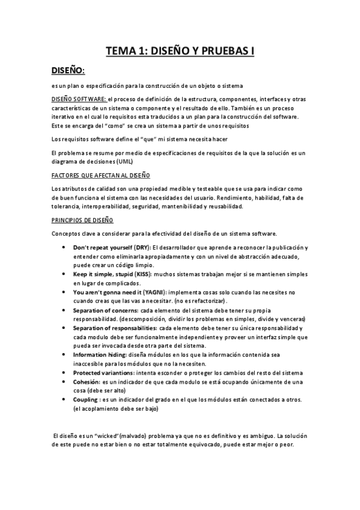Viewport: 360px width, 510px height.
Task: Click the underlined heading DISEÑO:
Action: coord(68,71)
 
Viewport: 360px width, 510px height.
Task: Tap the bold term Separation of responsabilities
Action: coord(112,328)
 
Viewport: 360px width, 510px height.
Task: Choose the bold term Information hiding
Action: coord(95,355)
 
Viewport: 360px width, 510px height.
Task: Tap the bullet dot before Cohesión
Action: coord(65,382)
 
